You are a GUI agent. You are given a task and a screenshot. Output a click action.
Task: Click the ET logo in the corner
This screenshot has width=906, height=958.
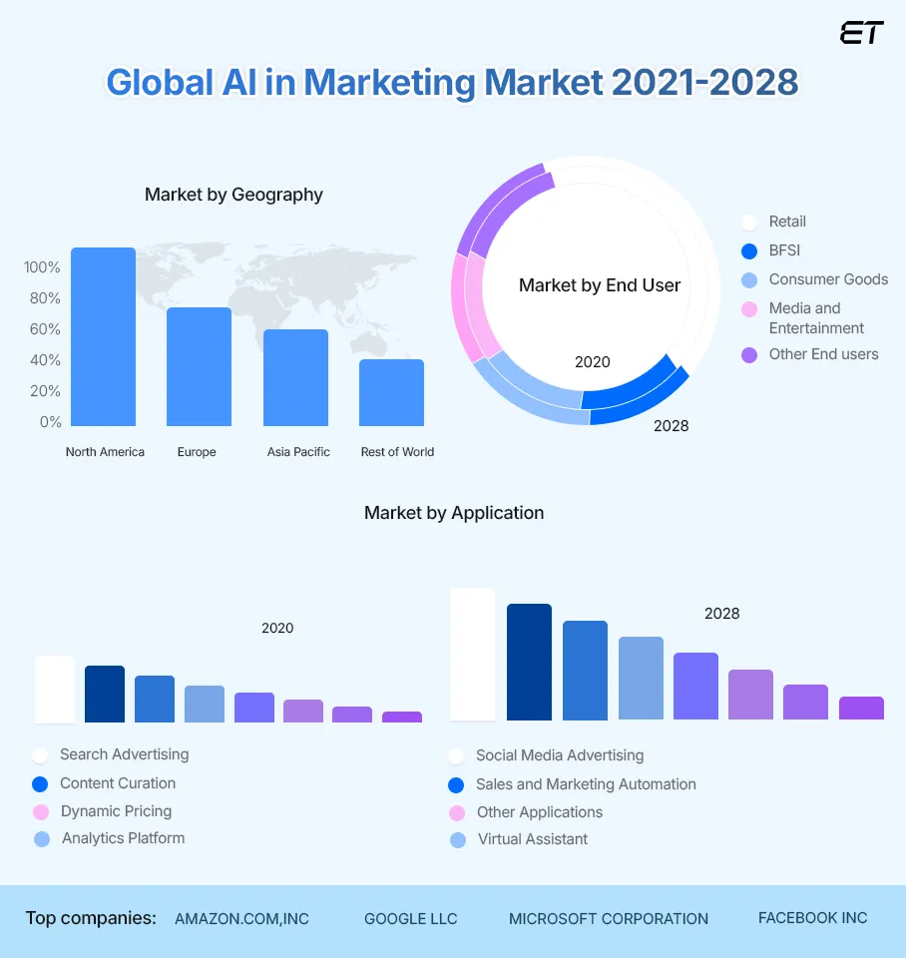click(861, 33)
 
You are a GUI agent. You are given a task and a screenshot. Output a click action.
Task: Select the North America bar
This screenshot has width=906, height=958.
click(103, 337)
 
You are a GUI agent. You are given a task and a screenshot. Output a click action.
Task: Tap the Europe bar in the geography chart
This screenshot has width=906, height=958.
click(199, 366)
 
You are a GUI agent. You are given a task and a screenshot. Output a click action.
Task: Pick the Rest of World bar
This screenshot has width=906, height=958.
click(391, 392)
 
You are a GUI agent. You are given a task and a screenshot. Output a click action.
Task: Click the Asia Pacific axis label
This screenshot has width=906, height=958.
click(298, 452)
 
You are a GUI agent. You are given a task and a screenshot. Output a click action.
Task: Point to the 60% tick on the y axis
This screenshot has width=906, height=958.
click(42, 329)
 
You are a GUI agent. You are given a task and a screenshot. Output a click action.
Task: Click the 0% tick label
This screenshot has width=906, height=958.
click(50, 422)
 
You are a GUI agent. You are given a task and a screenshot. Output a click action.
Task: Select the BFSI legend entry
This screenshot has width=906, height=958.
click(784, 250)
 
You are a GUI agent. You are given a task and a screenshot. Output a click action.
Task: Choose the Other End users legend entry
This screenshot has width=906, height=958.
click(823, 354)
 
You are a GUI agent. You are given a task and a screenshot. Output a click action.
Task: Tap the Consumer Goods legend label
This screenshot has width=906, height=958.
click(828, 279)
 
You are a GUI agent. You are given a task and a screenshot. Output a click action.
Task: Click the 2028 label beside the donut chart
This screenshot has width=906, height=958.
click(671, 426)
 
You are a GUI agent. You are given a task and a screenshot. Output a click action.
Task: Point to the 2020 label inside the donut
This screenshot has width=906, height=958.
click(593, 362)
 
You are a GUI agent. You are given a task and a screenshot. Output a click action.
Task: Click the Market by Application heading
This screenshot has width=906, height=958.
click(454, 513)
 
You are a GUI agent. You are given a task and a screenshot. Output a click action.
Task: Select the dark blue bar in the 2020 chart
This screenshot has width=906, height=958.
click(105, 694)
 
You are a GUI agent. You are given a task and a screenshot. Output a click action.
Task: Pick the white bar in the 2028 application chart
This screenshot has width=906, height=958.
click(473, 654)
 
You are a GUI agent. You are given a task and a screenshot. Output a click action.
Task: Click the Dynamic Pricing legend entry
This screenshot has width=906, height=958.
click(116, 811)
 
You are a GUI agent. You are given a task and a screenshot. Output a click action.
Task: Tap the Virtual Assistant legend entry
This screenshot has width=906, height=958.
click(532, 839)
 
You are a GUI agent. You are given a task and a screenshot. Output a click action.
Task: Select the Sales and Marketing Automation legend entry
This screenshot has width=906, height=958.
click(586, 784)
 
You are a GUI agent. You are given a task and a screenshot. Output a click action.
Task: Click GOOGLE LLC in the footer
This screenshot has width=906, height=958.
click(410, 919)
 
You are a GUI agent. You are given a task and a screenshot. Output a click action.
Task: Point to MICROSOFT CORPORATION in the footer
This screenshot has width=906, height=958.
click(609, 919)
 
